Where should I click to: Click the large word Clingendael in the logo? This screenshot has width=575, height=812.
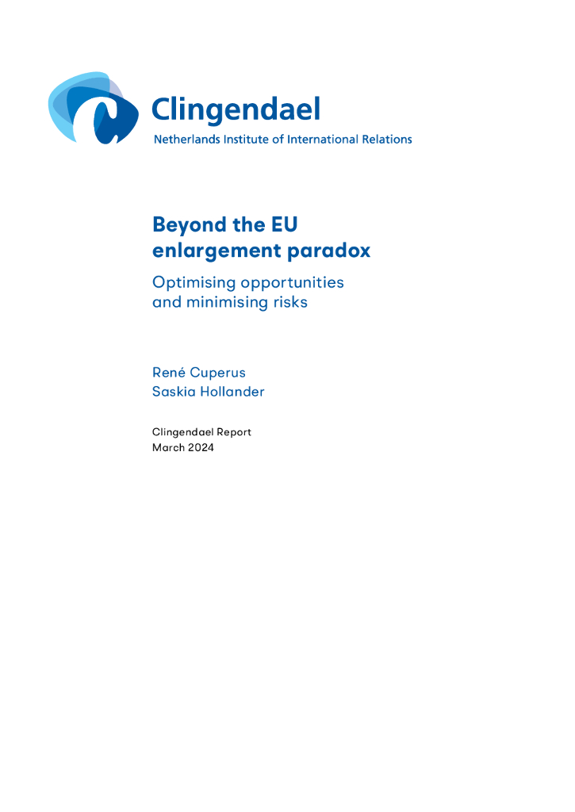pos(236,109)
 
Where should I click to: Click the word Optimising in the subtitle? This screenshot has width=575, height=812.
pos(193,283)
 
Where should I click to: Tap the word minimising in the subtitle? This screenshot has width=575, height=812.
pos(222,302)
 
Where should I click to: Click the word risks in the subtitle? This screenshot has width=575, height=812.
pos(288,302)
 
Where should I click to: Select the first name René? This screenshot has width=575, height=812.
pos(169,373)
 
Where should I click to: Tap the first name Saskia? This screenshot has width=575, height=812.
pos(173,391)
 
